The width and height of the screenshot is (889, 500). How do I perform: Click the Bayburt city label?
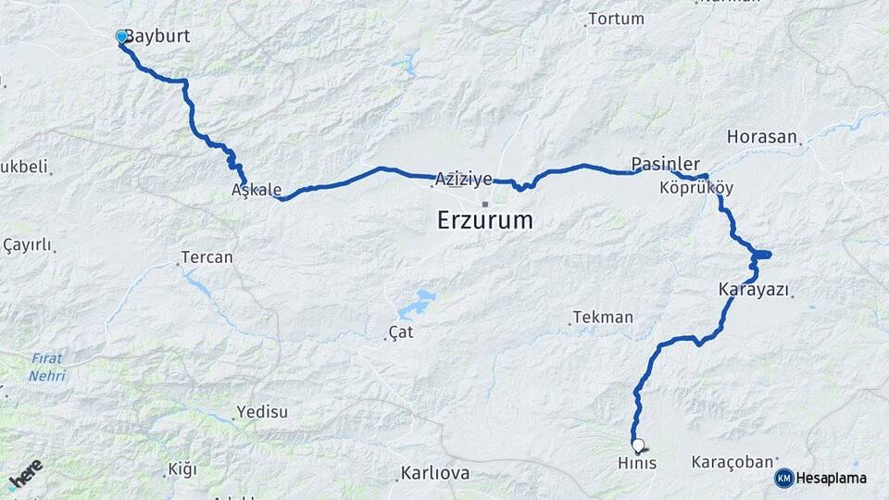pyautogui.click(x=157, y=37)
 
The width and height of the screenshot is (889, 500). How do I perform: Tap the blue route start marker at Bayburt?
pyautogui.click(x=121, y=37)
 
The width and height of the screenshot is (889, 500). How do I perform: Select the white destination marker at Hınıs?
pyautogui.click(x=637, y=444)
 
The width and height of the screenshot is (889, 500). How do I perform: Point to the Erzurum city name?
pyautogui.click(x=485, y=220)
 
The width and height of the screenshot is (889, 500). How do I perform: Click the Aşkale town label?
pyautogui.click(x=257, y=190)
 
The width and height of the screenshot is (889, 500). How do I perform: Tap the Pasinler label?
pyautogui.click(x=665, y=164)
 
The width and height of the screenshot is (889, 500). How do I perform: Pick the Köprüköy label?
pyautogui.click(x=696, y=188)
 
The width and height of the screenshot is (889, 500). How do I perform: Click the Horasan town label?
pyautogui.click(x=762, y=137)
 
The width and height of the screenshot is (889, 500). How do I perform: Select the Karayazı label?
pyautogui.click(x=754, y=290)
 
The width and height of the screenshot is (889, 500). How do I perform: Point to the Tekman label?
pyautogui.click(x=603, y=317)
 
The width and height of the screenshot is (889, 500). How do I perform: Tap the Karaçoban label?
pyautogui.click(x=732, y=461)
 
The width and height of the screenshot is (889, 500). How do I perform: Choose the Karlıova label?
pyautogui.click(x=434, y=473)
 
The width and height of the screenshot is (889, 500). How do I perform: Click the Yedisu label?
pyautogui.click(x=262, y=412)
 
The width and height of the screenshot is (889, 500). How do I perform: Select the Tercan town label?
pyautogui.click(x=207, y=257)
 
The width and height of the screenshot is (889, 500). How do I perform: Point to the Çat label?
pyautogui.click(x=400, y=331)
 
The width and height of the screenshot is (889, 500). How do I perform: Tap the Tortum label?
pyautogui.click(x=616, y=19)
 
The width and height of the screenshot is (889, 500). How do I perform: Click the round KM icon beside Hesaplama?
pyautogui.click(x=784, y=478)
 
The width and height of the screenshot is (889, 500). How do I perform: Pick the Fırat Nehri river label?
pyautogui.click(x=46, y=368)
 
